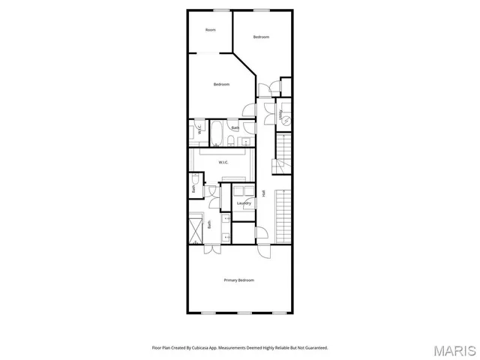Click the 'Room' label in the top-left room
pyautogui.click(x=211, y=30)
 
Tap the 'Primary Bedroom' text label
pyautogui.click(x=239, y=280)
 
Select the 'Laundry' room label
pyautogui.click(x=244, y=203)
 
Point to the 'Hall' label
pyautogui.click(x=264, y=193)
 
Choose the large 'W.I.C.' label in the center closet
pyautogui.click(x=223, y=162)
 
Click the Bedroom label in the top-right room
pyautogui.click(x=260, y=37)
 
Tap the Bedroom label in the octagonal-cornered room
pyautogui.click(x=220, y=84)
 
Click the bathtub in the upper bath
pyautogui.click(x=215, y=132)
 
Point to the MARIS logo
pyautogui.click(x=454, y=350)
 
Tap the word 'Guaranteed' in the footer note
pyautogui.click(x=314, y=347)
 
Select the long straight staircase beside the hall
pyautogui.click(x=283, y=215)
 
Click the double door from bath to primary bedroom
pyautogui.click(x=213, y=244)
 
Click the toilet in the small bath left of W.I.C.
pyautogui.click(x=196, y=178)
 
